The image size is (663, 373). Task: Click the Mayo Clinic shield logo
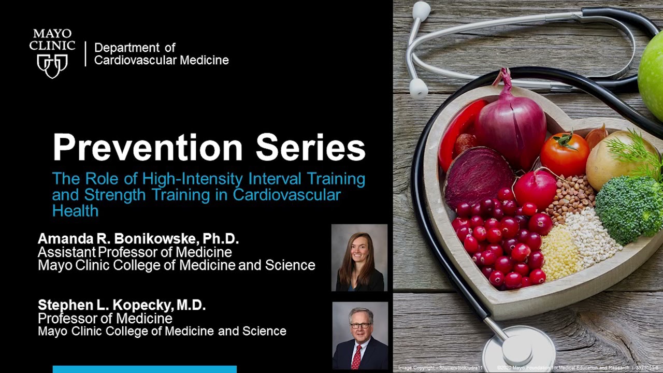[52, 65]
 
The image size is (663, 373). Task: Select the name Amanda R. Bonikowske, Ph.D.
[138, 239]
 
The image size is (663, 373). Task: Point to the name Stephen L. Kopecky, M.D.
[122, 305]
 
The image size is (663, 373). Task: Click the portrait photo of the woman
[359, 257]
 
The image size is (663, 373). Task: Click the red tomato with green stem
[565, 154]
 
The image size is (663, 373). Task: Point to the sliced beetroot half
[478, 177]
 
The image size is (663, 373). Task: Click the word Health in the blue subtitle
[75, 211]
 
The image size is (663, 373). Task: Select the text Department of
[135, 48]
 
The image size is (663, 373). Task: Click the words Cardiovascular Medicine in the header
[161, 60]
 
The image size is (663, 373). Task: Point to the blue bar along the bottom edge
[145, 369]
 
